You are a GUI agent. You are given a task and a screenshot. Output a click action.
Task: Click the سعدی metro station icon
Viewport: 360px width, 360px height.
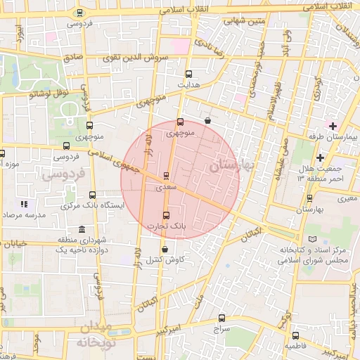(167, 176)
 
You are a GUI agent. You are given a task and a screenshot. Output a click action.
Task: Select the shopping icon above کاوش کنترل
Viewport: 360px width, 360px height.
(165, 249)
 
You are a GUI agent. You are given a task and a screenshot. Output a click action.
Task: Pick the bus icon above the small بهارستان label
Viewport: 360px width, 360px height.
(310, 198)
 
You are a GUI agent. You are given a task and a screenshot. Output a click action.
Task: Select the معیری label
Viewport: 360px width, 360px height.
(347, 199)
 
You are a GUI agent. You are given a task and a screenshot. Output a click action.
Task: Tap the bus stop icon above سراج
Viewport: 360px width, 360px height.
(222, 318)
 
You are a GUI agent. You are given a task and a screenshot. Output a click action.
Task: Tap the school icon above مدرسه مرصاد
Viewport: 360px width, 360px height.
(24, 204)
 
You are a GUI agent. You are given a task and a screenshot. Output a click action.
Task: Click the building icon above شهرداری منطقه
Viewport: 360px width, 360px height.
(82, 230)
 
